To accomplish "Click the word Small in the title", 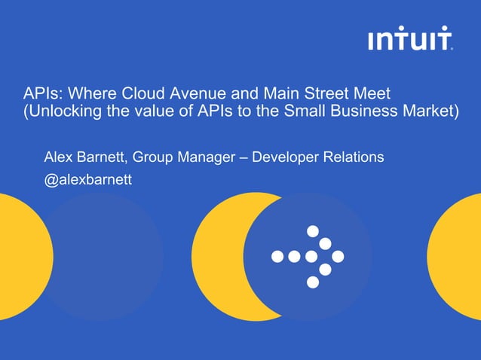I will click(x=309, y=113).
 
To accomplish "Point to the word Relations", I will click(x=353, y=157).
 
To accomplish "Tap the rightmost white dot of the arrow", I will click(x=338, y=256).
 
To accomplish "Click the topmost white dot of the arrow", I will click(x=312, y=230).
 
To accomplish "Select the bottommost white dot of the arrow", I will click(x=312, y=282).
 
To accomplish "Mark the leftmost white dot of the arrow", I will click(x=277, y=256).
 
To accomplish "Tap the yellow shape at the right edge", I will click(x=456, y=256).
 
